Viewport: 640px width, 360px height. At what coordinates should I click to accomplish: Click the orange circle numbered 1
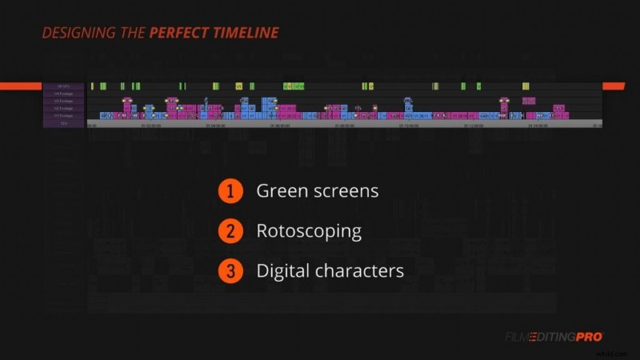pyautogui.click(x=230, y=191)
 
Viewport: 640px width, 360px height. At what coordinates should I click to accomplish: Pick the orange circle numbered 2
pyautogui.click(x=230, y=231)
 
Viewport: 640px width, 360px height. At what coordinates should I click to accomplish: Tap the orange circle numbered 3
pyautogui.click(x=230, y=271)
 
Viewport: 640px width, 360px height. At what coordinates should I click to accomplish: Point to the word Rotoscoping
pyautogui.click(x=309, y=231)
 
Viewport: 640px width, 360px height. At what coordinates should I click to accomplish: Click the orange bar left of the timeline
pyautogui.click(x=21, y=86)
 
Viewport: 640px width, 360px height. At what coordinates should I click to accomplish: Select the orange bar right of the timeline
pyautogui.click(x=613, y=86)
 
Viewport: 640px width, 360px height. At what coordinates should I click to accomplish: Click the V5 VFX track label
pyautogui.click(x=63, y=86)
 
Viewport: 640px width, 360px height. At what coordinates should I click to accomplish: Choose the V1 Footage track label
pyautogui.click(x=63, y=116)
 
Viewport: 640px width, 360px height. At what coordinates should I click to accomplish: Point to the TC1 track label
pyautogui.click(x=63, y=124)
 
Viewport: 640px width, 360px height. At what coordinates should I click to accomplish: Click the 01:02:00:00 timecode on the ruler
pyautogui.click(x=150, y=125)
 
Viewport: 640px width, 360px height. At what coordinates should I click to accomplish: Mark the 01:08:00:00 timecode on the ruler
pyautogui.click(x=344, y=125)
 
